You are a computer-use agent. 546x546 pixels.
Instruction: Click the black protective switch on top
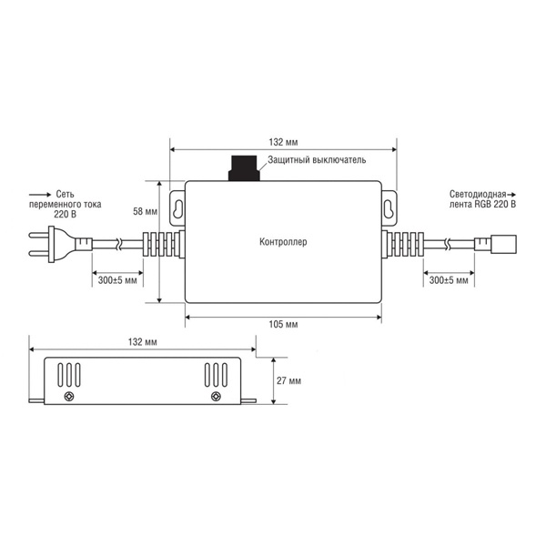[244, 167]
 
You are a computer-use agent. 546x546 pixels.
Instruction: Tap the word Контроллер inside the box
[283, 242]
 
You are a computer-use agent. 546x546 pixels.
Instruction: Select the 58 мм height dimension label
[145, 211]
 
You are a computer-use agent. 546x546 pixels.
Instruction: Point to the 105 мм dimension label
[283, 325]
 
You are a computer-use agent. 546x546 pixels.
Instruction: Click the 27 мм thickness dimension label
[288, 380]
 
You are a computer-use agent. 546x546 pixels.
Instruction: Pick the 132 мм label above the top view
[283, 142]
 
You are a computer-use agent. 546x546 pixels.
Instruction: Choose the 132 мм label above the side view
[143, 342]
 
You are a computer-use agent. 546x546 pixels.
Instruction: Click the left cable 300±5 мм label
[117, 280]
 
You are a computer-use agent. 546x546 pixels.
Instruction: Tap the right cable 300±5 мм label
[449, 280]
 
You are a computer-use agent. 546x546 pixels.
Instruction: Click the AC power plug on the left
[60, 244]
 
